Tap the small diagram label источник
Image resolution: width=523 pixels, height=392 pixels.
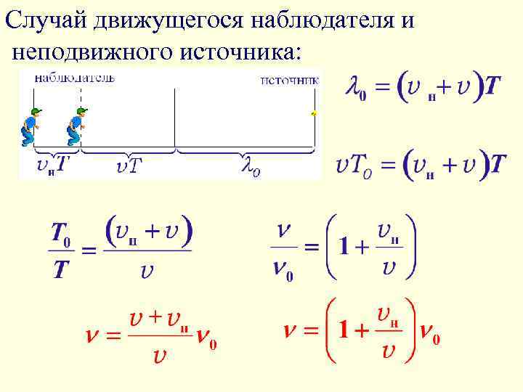pyautogui.click(x=290, y=80)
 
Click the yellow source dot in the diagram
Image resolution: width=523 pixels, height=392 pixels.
pyautogui.click(x=314, y=114)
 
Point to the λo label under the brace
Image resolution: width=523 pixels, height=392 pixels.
pyautogui.click(x=250, y=168)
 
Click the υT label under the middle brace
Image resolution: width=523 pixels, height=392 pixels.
pyautogui.click(x=129, y=168)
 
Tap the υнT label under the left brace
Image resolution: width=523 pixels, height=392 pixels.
pyautogui.click(x=53, y=166)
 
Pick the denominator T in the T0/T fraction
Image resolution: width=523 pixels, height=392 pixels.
pyautogui.click(x=61, y=269)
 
